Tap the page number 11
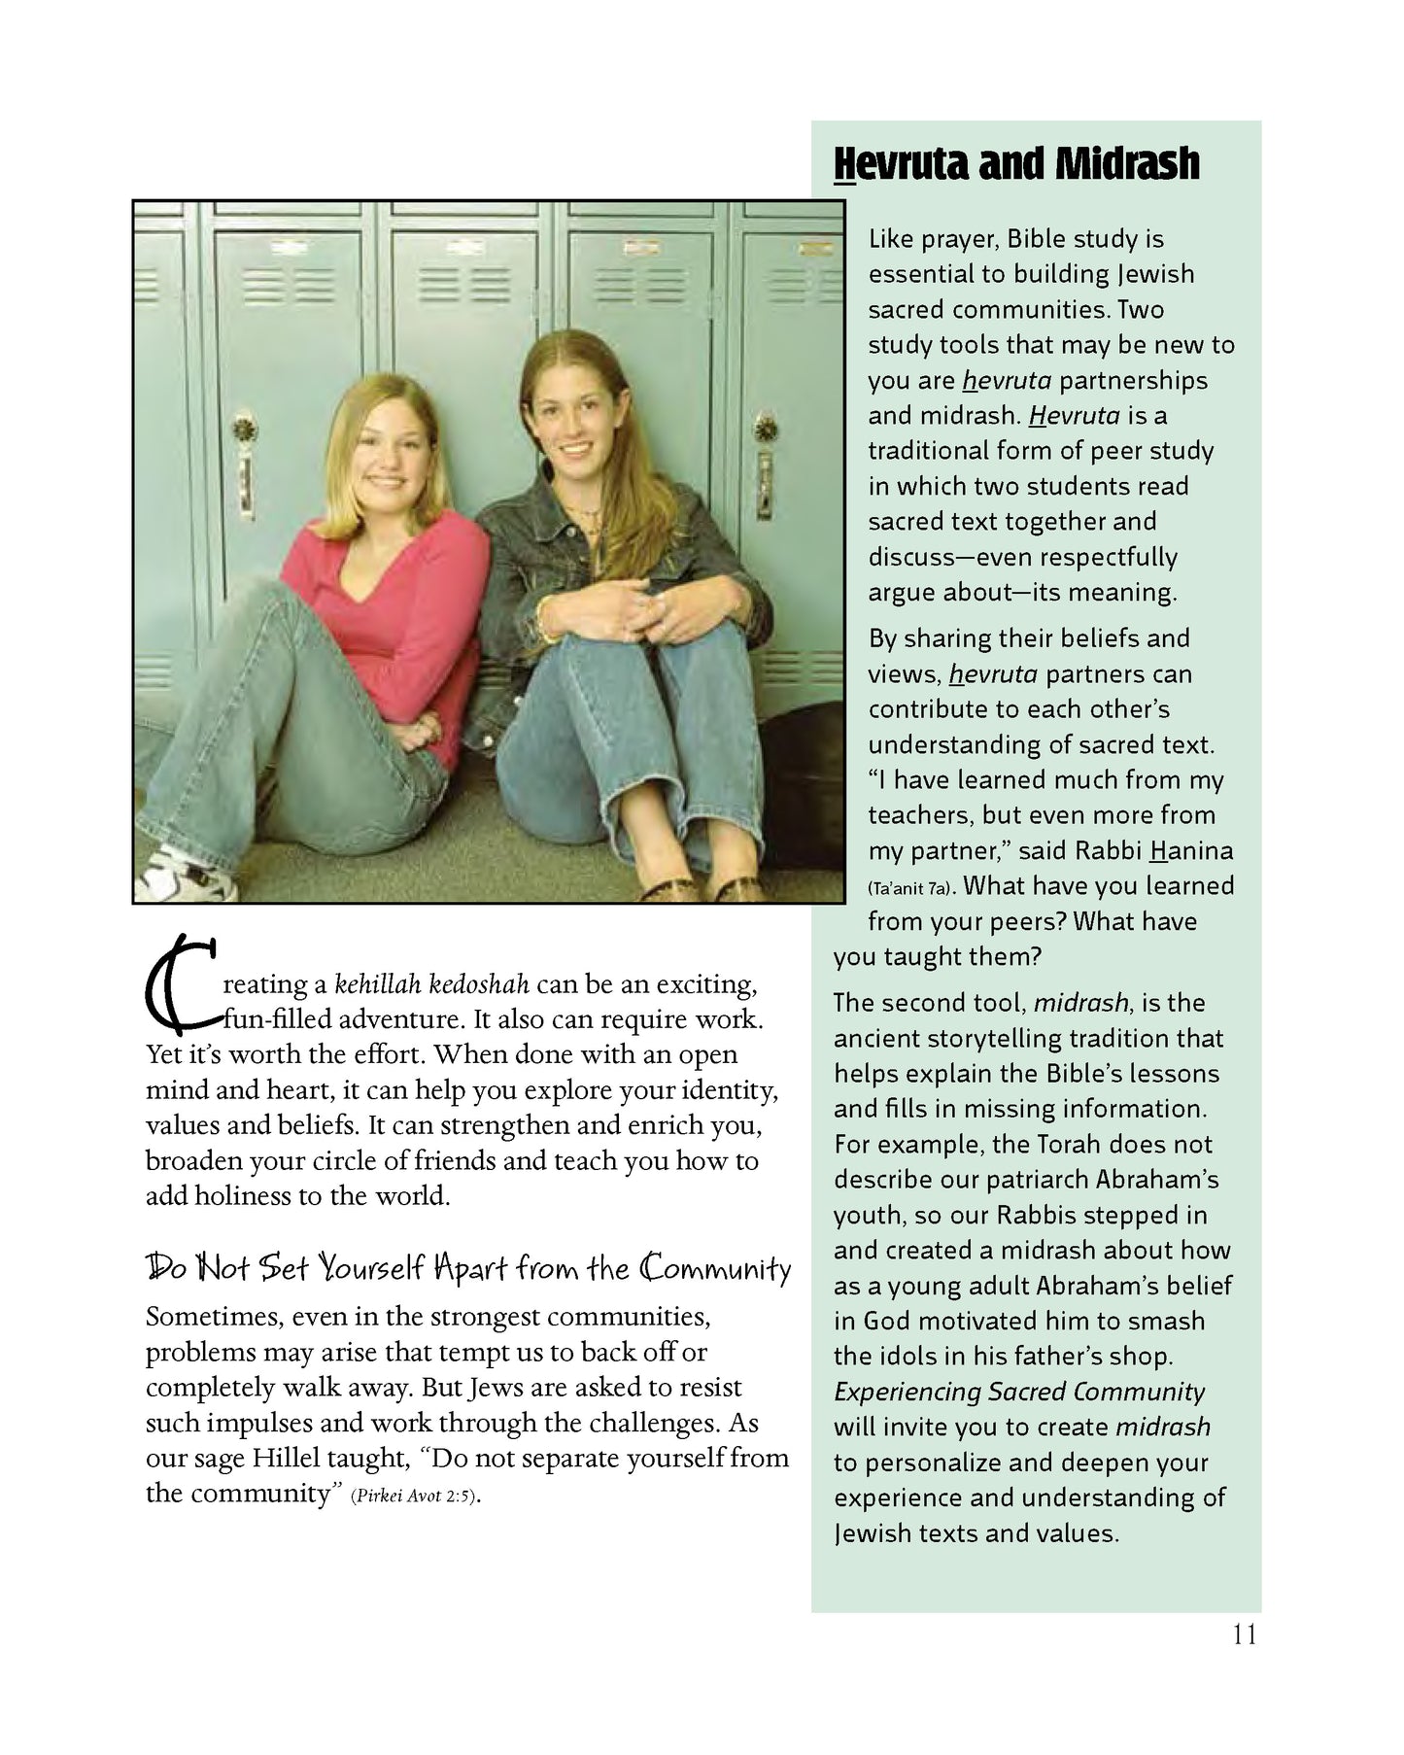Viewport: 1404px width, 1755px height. tap(1244, 1635)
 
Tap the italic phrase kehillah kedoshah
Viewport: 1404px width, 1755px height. tap(431, 984)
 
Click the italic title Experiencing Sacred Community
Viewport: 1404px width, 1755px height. tap(1018, 1392)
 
